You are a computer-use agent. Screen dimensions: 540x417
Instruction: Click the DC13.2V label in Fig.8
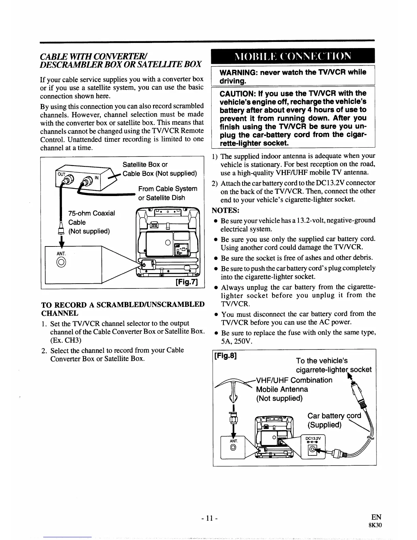click(x=312, y=439)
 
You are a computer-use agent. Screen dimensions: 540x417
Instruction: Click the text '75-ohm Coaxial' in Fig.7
click(x=92, y=213)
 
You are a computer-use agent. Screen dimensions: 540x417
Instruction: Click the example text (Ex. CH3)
click(x=65, y=340)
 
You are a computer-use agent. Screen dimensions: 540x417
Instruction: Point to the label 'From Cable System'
click(x=168, y=189)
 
